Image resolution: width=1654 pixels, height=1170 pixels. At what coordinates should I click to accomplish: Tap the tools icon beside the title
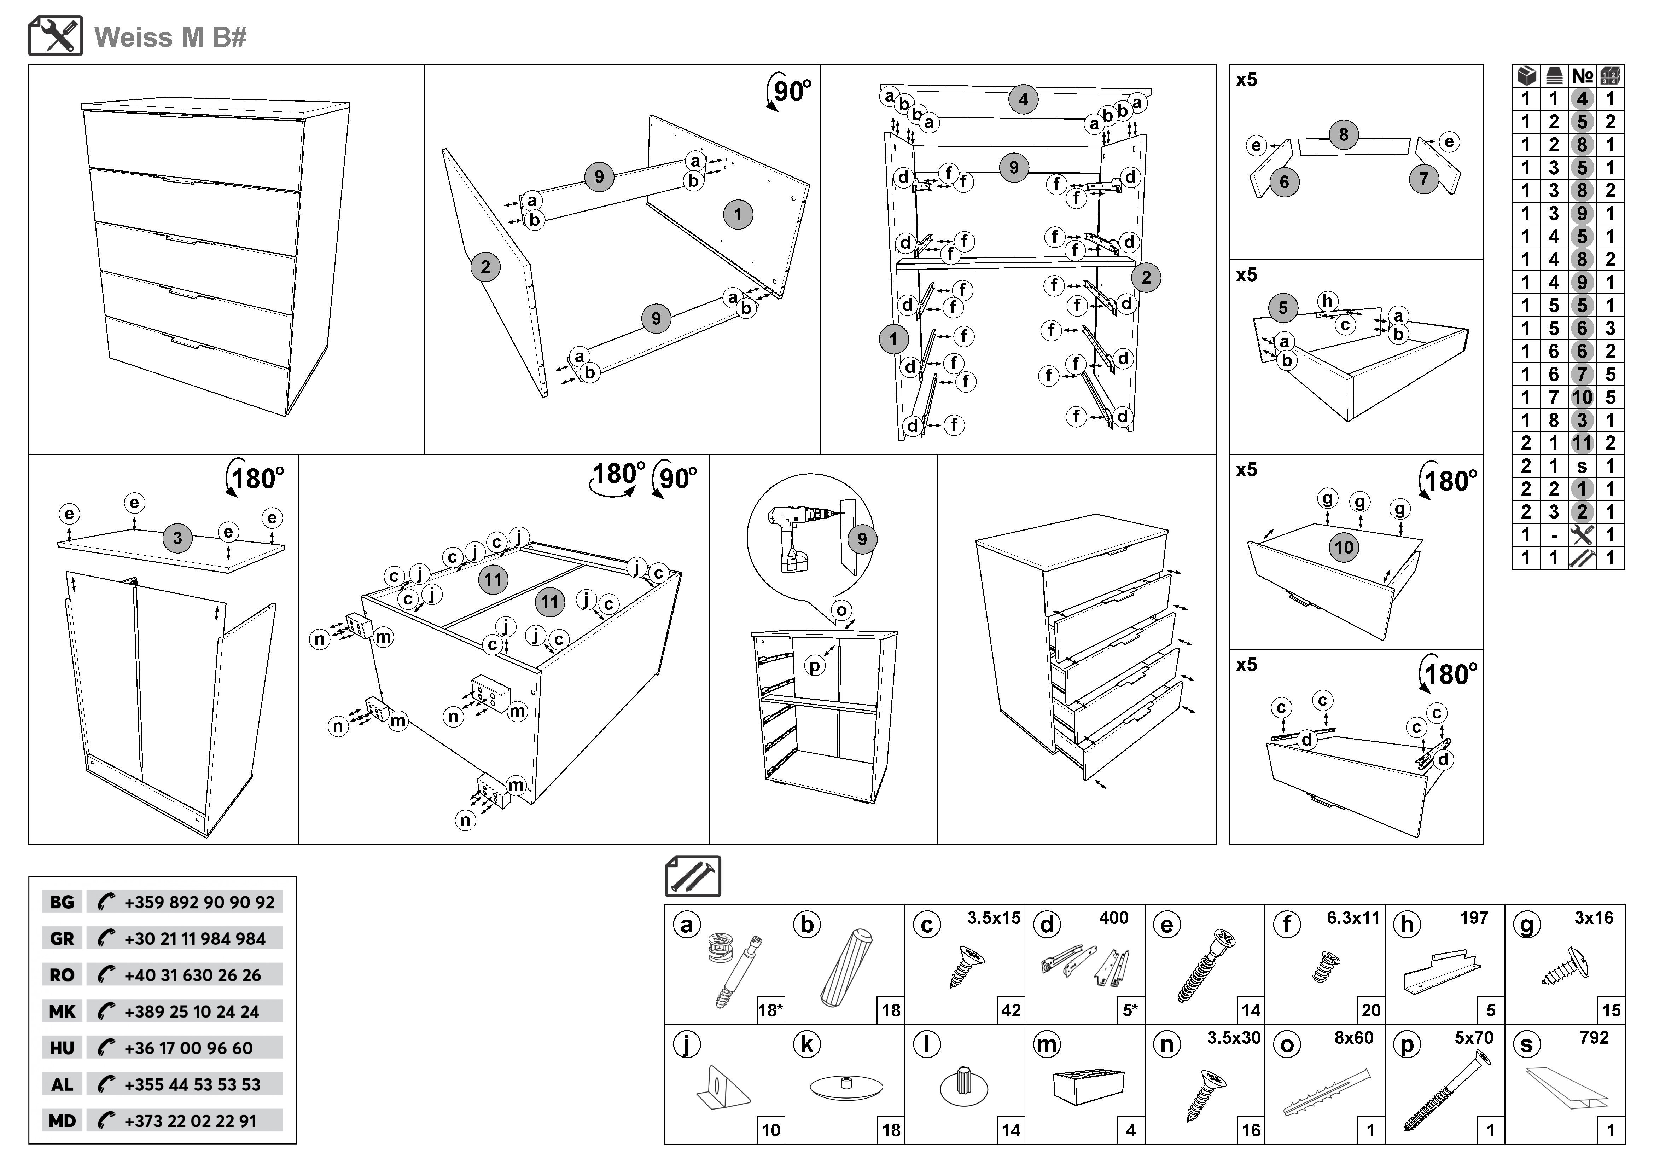pos(56,36)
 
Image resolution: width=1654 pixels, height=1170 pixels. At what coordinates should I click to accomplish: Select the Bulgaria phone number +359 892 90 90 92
pos(199,902)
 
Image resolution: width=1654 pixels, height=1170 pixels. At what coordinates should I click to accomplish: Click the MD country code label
pos(62,1121)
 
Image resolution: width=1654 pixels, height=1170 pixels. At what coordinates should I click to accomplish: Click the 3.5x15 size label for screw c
pos(994,918)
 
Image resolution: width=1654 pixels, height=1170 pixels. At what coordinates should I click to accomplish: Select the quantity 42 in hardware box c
pos(1011,1010)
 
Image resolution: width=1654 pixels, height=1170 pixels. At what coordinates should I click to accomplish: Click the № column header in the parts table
pos(1582,76)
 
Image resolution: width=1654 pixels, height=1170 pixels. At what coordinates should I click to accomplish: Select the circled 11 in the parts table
pos(1582,443)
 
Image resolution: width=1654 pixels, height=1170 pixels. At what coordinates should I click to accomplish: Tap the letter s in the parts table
pos(1582,466)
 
